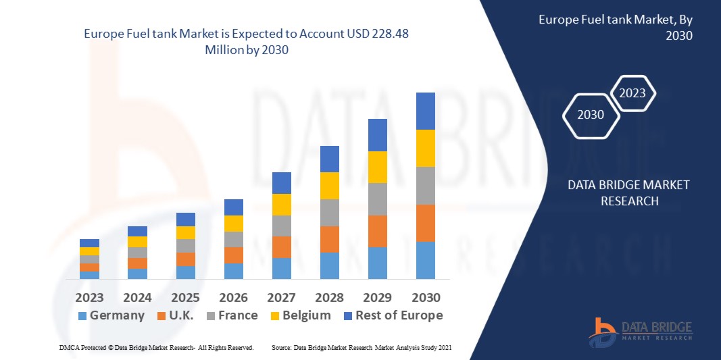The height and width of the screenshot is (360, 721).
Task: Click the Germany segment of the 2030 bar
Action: (x=425, y=260)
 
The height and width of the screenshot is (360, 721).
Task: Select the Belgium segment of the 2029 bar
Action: (x=377, y=167)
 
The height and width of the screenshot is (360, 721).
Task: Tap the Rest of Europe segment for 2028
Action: (x=329, y=159)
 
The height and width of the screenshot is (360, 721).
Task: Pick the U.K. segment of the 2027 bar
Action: (x=281, y=247)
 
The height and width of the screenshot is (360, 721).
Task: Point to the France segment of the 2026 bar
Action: (x=233, y=239)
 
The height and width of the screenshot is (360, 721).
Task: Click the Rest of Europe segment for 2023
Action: (x=89, y=243)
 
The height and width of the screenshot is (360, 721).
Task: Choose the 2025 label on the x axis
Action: (x=185, y=297)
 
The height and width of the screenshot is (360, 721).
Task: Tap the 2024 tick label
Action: (x=137, y=297)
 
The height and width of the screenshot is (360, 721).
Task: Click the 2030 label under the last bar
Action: (x=426, y=297)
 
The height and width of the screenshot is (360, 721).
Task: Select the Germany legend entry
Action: (x=111, y=315)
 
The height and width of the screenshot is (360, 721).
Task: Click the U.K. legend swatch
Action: (x=161, y=316)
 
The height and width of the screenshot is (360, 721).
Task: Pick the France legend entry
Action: (x=230, y=315)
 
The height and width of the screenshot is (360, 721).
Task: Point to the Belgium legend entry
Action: (x=300, y=315)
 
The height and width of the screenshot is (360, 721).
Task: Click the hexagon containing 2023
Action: (x=633, y=94)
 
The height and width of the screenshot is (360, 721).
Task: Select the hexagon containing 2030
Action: (x=591, y=115)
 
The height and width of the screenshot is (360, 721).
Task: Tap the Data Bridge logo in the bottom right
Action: (x=641, y=329)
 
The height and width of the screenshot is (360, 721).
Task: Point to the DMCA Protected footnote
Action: (x=156, y=347)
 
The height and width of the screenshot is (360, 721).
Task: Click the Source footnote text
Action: (x=362, y=347)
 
